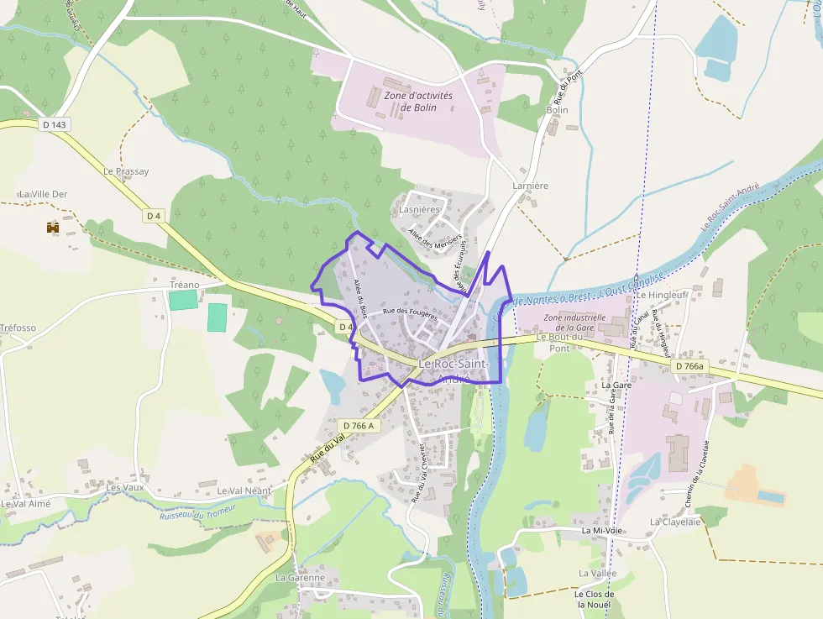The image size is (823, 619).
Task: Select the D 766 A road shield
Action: [359, 426]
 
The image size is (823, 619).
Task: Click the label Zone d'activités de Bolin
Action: [418, 102]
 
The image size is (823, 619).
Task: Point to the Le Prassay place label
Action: [126, 171]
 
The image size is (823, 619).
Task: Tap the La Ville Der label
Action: [43, 194]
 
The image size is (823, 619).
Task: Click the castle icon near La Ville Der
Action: [53, 227]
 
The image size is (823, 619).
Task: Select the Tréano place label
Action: [185, 285]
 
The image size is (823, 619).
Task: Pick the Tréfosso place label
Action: [18, 328]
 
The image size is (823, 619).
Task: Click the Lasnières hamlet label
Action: [420, 209]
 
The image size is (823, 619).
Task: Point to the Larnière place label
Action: [530, 186]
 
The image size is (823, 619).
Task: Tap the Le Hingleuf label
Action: [662, 296]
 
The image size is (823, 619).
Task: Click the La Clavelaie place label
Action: [674, 522]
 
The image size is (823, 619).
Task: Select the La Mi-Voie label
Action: [602, 532]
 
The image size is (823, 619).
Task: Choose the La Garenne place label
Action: [300, 578]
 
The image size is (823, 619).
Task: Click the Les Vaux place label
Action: [125, 487]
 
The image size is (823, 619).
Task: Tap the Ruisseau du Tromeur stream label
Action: [197, 510]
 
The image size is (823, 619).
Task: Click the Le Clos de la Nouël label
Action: [595, 600]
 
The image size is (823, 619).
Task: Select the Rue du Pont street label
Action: [574, 87]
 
